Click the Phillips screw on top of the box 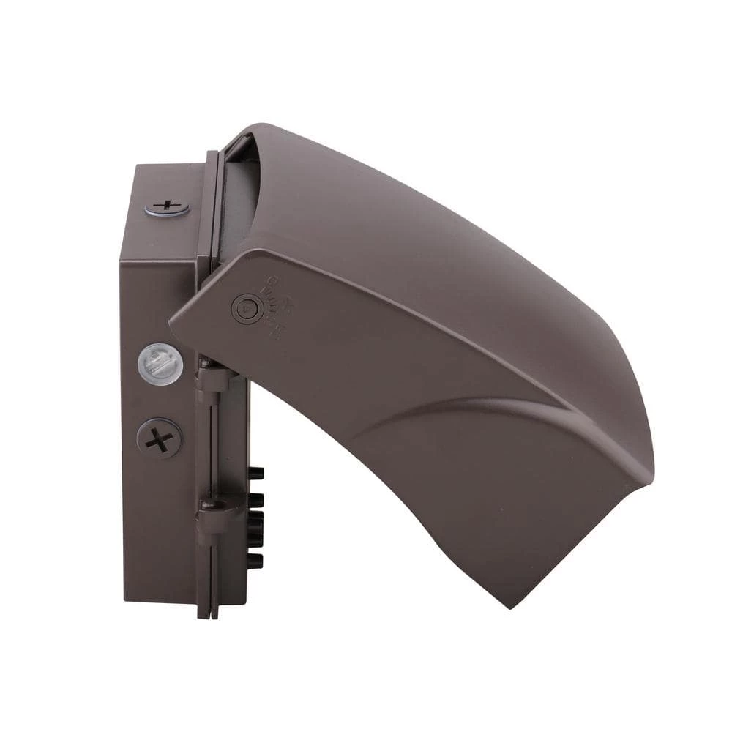pyautogui.click(x=167, y=207)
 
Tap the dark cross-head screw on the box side pyautogui.click(x=159, y=439)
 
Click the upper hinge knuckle pyautogui.click(x=212, y=379)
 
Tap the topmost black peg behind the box pyautogui.click(x=256, y=474)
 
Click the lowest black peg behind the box pyautogui.click(x=255, y=561)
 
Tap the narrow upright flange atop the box pyautogui.click(x=212, y=205)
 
